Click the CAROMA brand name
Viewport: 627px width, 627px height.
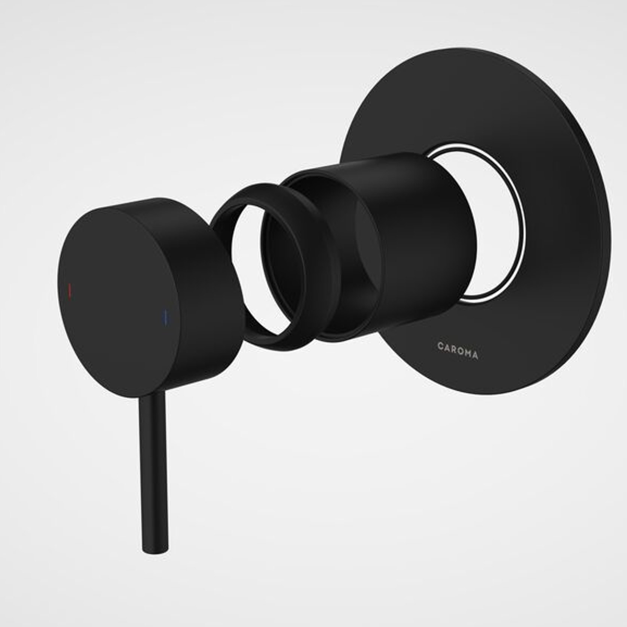[458, 350]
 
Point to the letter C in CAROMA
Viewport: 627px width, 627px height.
[440, 346]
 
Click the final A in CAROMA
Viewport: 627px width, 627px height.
[475, 355]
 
